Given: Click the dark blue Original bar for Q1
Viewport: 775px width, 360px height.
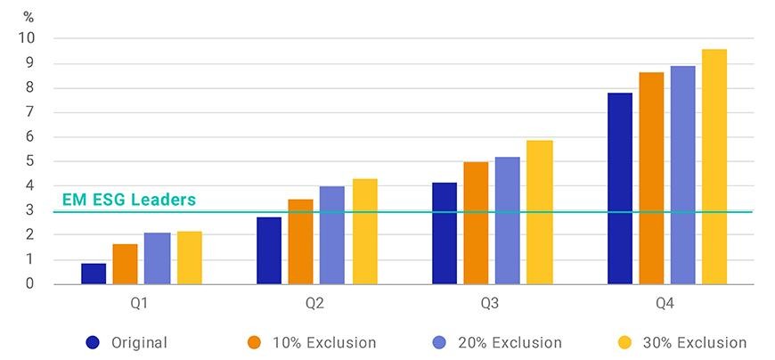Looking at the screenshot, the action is click(94, 274).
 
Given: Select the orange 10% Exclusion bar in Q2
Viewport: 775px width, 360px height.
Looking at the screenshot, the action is click(300, 241).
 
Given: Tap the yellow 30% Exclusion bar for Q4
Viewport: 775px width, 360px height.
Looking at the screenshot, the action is click(714, 167).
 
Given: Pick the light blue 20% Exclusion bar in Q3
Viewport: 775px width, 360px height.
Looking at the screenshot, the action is click(508, 221).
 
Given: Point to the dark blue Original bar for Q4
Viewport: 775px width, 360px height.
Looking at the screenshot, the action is click(620, 188).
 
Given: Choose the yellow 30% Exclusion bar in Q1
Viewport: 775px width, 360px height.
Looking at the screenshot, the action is click(190, 258).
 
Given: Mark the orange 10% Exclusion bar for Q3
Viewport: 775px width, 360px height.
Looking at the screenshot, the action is click(476, 223).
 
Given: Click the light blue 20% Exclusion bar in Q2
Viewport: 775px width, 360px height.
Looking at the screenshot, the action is click(332, 235).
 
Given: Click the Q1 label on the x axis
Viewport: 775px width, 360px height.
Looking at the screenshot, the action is click(139, 304).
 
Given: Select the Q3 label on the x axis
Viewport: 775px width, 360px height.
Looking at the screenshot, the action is click(489, 304).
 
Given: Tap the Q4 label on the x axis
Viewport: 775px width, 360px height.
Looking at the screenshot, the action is click(665, 304).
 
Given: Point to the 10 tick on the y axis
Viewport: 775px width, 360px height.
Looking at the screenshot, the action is click(29, 38).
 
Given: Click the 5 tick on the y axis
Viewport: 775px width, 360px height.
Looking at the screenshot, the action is click(29, 161).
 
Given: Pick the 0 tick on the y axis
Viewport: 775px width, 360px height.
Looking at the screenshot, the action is click(29, 284).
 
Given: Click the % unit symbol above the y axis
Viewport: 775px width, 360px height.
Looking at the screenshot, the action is click(29, 18).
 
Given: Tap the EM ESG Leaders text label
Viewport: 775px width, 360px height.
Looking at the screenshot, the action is click(129, 200).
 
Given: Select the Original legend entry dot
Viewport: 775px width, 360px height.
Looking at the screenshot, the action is click(93, 342).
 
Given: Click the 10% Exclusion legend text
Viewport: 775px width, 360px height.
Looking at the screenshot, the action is click(324, 343).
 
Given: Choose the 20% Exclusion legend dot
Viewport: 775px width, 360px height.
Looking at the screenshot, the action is click(439, 342).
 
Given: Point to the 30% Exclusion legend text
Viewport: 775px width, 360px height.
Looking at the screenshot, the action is click(695, 343).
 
